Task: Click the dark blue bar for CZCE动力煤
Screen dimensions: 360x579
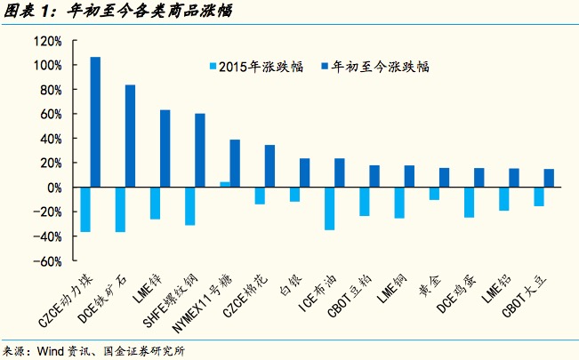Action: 95,123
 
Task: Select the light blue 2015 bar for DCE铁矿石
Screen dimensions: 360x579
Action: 120,210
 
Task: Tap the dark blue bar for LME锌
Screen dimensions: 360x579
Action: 165,148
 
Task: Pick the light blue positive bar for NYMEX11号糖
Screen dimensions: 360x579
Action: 225,185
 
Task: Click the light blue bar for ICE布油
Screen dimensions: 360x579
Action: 329,209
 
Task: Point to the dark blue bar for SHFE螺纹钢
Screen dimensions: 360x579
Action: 199,150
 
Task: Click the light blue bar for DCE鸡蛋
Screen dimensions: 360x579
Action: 468,203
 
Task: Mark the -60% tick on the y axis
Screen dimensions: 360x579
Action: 47,261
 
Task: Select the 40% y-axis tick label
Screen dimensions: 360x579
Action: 50,139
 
